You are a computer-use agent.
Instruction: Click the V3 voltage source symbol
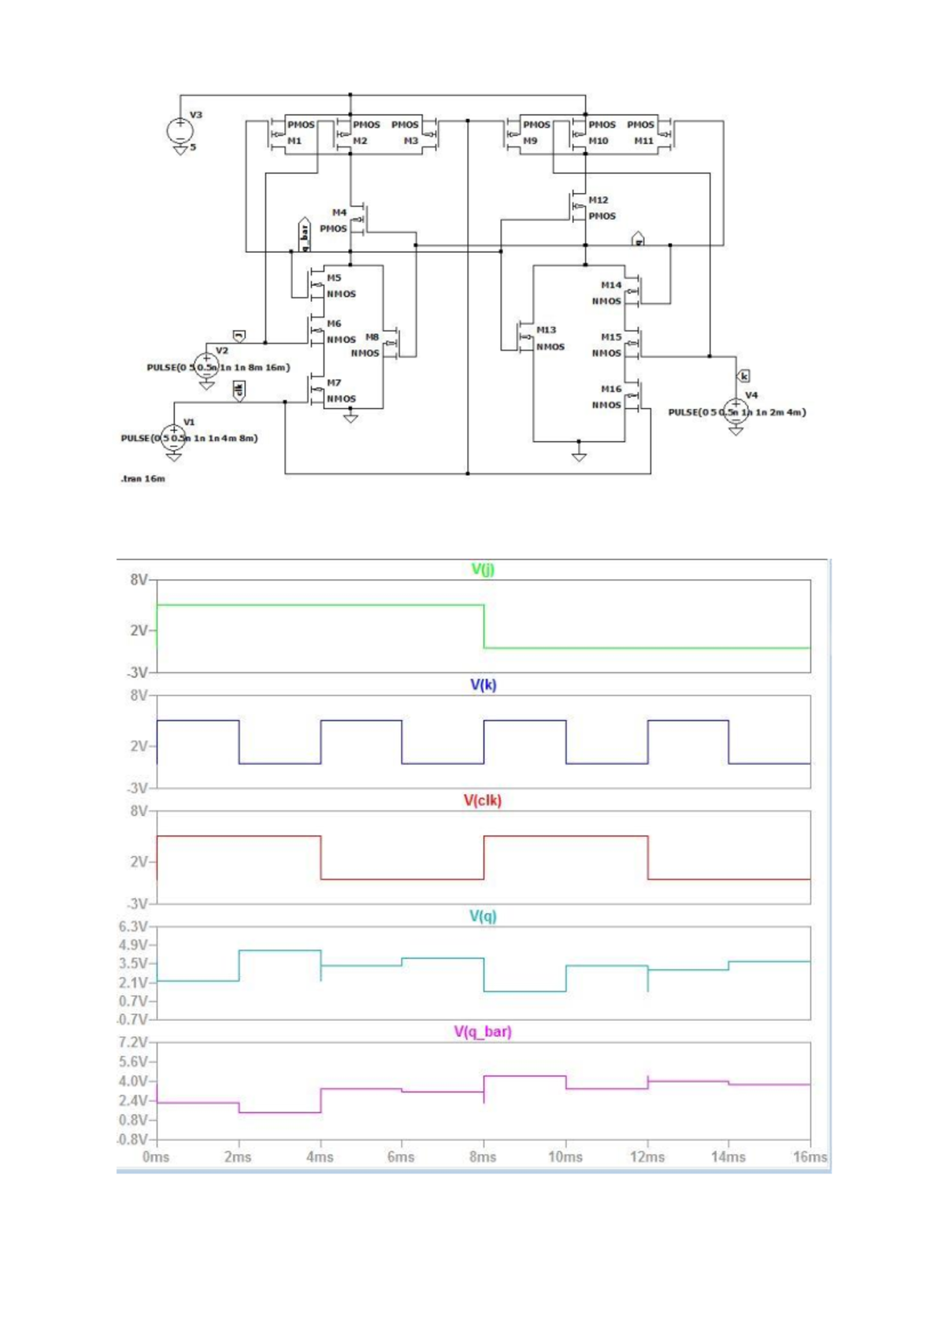coord(180,130)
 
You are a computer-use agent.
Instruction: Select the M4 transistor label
coord(339,213)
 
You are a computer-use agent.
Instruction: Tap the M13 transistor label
coord(547,330)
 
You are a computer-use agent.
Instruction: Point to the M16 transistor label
coord(611,389)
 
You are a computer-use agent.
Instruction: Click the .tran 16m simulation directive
coord(143,479)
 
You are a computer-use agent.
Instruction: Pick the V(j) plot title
coord(483,569)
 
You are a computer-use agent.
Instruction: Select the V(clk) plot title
coord(483,800)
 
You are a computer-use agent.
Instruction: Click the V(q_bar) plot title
coord(483,1032)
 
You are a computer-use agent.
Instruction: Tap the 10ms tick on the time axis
coord(565,1157)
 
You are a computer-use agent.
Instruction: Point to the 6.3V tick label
coord(133,926)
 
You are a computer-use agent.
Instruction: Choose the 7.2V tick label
coord(133,1042)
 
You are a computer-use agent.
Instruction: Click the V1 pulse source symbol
coord(174,437)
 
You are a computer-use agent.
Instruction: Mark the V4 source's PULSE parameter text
coord(736,412)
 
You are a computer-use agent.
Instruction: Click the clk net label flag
coord(239,389)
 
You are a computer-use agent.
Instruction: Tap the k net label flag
coord(744,376)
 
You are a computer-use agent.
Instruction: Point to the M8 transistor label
coord(372,337)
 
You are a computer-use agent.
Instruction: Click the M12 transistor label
coord(598,200)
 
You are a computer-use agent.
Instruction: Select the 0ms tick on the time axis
coord(156,1157)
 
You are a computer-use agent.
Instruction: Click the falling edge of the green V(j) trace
coord(484,626)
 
